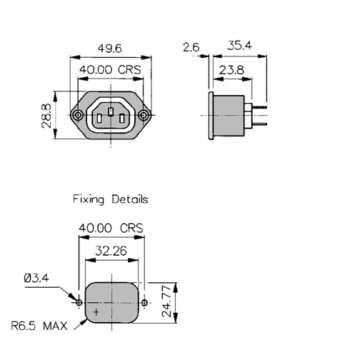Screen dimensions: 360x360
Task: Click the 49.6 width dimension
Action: pyautogui.click(x=110, y=49)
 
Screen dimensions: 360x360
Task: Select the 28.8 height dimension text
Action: pyautogui.click(x=46, y=116)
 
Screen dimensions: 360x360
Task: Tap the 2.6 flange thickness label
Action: pyautogui.click(x=191, y=47)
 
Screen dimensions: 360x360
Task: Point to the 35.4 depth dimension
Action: pyautogui.click(x=239, y=46)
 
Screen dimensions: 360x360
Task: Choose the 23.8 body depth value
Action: pyautogui.click(x=231, y=70)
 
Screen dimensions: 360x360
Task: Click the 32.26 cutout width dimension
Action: pyautogui.click(x=111, y=251)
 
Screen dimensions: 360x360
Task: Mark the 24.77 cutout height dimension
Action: pyautogui.click(x=166, y=301)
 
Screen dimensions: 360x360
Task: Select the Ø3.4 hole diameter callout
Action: pyautogui.click(x=36, y=278)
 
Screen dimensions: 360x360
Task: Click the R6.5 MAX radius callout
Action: pyautogui.click(x=39, y=326)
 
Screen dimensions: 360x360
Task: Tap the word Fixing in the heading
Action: pyautogui.click(x=89, y=199)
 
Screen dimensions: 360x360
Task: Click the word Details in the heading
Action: pyautogui.click(x=130, y=199)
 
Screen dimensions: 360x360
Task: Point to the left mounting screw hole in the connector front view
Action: pyautogui.click(x=78, y=116)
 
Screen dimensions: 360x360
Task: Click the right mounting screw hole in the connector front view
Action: pyautogui.click(x=143, y=116)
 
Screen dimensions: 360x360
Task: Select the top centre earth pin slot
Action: pyautogui.click(x=110, y=112)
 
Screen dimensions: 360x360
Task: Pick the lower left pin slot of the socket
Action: pyautogui.click(x=99, y=119)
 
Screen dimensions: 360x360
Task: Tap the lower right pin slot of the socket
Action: pyautogui.click(x=121, y=119)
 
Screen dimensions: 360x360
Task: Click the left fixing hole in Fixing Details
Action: pyautogui.click(x=79, y=303)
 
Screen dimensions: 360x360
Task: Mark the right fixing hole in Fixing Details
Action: pyautogui.click(x=144, y=303)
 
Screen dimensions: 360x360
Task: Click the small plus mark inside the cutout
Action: pyautogui.click(x=96, y=312)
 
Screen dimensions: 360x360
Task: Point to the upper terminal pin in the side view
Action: pyautogui.click(x=259, y=107)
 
